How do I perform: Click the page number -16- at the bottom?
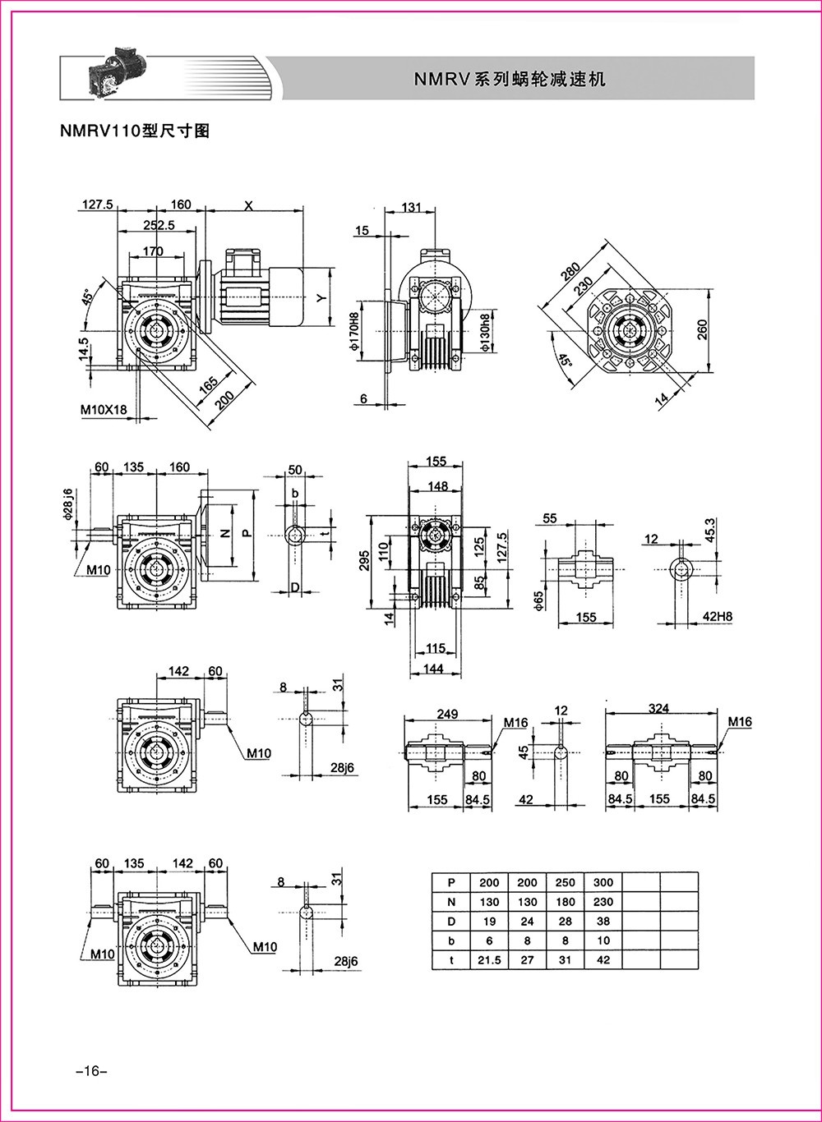(x=86, y=1071)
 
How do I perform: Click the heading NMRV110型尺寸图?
(x=134, y=131)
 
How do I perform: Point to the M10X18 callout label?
(x=109, y=409)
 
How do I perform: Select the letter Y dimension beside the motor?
(x=322, y=298)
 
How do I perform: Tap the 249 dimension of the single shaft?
(x=447, y=715)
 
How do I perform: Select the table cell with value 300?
(x=603, y=882)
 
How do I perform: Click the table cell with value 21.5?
(x=489, y=960)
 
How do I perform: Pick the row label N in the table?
(x=450, y=902)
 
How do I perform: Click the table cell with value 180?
(x=566, y=902)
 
